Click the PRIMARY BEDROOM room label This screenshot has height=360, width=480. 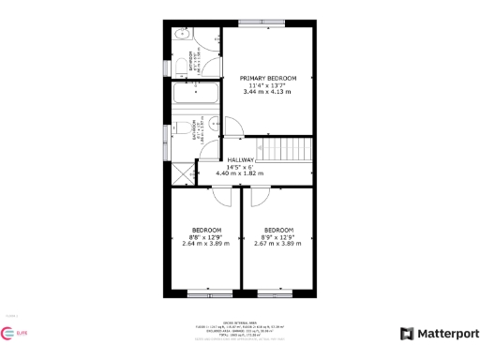coord(267,78)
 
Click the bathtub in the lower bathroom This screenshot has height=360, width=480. coord(194,96)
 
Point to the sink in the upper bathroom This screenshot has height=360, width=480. coord(182,37)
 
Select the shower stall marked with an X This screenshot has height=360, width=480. coord(180,172)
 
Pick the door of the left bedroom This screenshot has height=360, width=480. coord(221,194)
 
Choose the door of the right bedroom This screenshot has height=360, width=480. coord(260,194)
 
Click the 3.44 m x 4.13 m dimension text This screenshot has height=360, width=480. coord(267,92)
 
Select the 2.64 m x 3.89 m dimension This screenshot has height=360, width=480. coord(206,244)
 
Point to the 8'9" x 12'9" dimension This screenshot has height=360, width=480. coord(277,237)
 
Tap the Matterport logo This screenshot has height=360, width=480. coord(440,333)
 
